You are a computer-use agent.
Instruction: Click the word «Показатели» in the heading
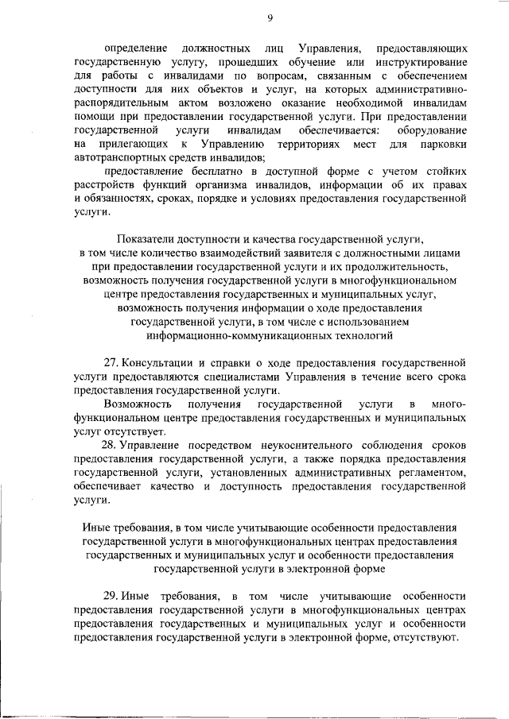[x=148, y=239]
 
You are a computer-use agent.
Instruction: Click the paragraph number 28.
[x=111, y=446]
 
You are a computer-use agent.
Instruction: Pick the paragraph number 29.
[x=111, y=596]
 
